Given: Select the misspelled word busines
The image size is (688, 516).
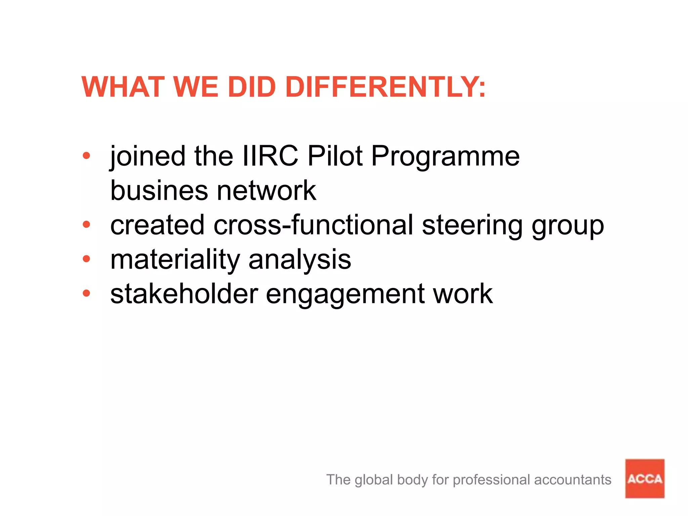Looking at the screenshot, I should coord(159,190).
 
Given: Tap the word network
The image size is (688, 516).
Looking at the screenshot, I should coord(266,190).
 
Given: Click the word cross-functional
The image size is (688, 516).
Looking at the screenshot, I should coord(313,225).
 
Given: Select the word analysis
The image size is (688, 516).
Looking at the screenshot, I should coord(300,260).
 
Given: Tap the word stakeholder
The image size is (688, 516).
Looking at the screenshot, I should coord(184,294).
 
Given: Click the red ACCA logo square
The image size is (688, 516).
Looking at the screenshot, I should coord(644,478).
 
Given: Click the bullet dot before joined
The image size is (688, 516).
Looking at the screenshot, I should coord(86,156).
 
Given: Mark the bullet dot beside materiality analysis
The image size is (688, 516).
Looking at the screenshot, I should coord(86,259).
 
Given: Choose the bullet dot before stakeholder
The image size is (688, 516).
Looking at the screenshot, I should coord(86,293).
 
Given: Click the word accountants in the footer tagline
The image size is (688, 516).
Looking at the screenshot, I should coord(572,480).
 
